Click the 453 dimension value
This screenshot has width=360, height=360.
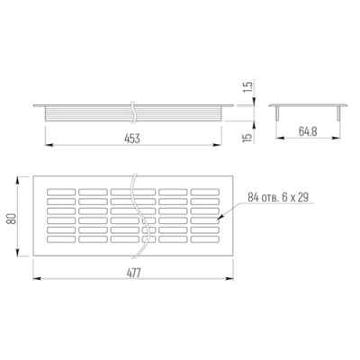[132, 139]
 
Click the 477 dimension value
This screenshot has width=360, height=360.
[133, 274]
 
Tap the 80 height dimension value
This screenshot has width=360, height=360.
[12, 218]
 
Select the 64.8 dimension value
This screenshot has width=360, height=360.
[308, 131]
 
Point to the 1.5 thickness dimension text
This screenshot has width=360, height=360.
[248, 87]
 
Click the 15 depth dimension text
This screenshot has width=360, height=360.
[248, 138]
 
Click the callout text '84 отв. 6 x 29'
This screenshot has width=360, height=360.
[278, 197]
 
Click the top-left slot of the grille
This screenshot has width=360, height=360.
[61, 192]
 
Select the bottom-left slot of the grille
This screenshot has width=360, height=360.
[61, 239]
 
